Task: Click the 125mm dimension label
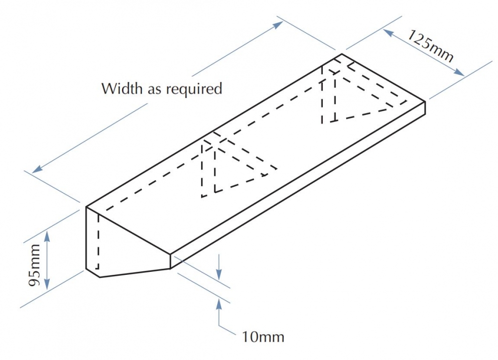(431, 46)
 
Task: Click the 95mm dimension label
(34, 265)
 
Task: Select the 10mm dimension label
(263, 337)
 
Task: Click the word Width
(122, 89)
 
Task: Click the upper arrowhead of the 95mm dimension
(47, 235)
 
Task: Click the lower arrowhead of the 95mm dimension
(47, 284)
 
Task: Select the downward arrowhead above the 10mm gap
(219, 274)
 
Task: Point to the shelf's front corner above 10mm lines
(170, 254)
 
